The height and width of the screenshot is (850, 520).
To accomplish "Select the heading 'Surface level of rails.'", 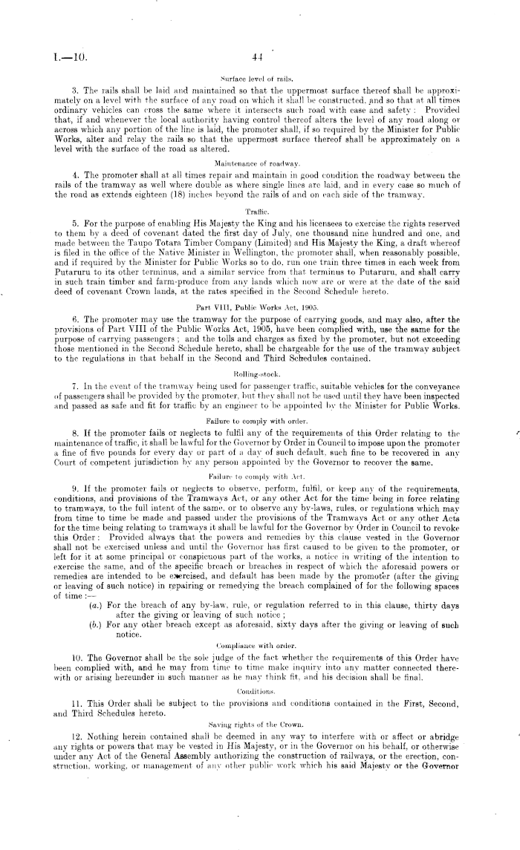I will (259, 77).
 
